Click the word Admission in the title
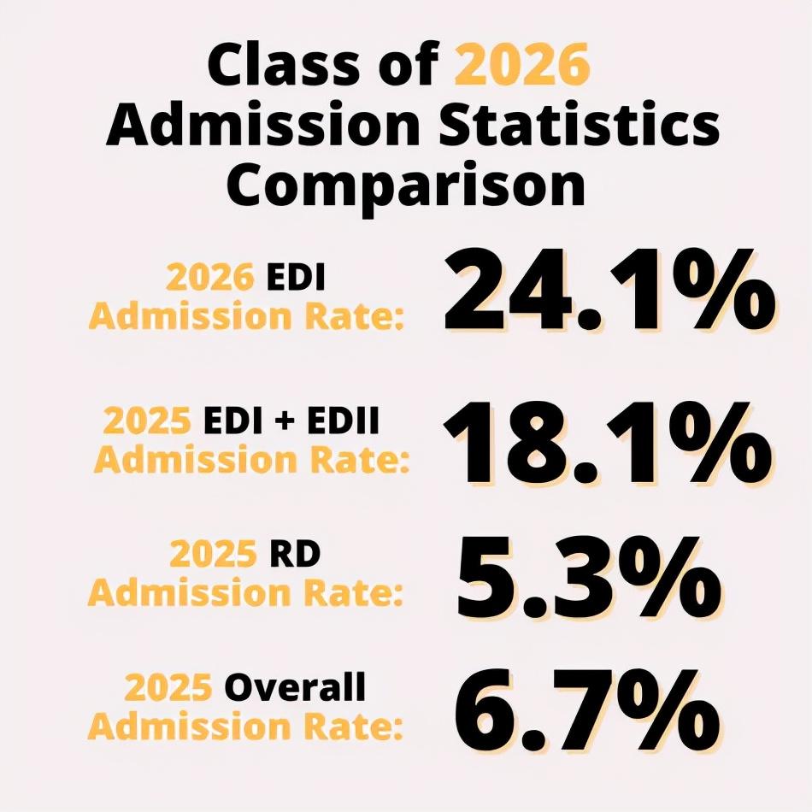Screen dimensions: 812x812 click(263, 125)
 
